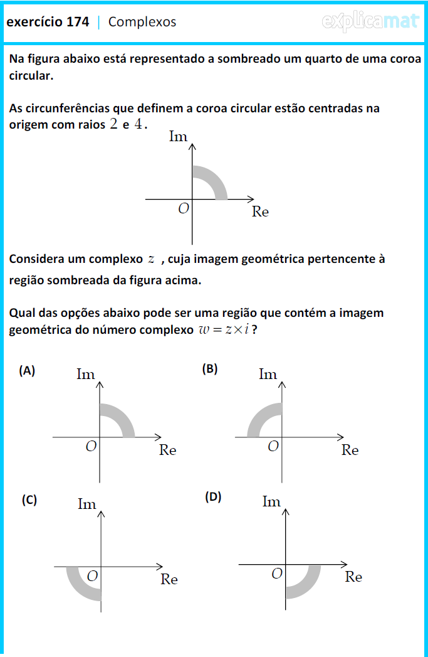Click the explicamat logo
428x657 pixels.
[370, 21]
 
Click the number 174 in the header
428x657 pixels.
[78, 22]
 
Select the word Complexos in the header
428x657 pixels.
[142, 22]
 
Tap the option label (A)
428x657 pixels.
[27, 370]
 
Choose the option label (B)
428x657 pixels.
[209, 369]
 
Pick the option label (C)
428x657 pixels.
[29, 499]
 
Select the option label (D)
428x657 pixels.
[213, 497]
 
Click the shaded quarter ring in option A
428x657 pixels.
[122, 416]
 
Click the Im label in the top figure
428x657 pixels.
[179, 137]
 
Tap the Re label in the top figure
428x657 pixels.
[260, 212]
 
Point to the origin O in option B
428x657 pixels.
[273, 446]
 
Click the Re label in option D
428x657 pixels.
[353, 577]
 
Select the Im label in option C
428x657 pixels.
[86, 504]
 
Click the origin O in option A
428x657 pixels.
[91, 446]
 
